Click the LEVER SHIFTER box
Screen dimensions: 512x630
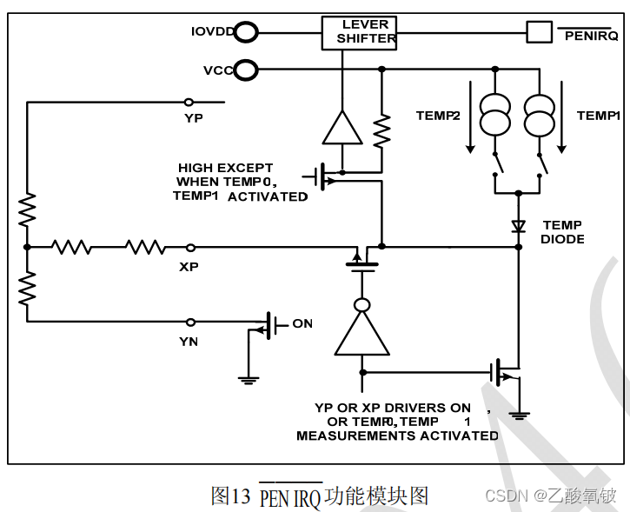tap(359, 32)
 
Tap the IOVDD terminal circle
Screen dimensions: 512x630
tap(247, 33)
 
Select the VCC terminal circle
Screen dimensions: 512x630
tap(247, 70)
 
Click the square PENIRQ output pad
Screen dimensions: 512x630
tap(540, 32)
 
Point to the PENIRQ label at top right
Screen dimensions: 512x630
tap(591, 35)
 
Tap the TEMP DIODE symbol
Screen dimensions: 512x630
tap(519, 226)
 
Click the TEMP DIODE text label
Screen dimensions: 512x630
tap(562, 232)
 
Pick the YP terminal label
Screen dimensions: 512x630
tap(194, 117)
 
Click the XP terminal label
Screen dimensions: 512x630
tap(189, 266)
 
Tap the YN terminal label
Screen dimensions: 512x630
tap(189, 342)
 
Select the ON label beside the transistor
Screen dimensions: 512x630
tap(302, 323)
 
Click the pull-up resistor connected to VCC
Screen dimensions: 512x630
tap(381, 130)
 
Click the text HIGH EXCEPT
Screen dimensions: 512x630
tap(225, 168)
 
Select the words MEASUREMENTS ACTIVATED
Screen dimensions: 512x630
tap(397, 435)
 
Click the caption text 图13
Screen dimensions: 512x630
tap(230, 495)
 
